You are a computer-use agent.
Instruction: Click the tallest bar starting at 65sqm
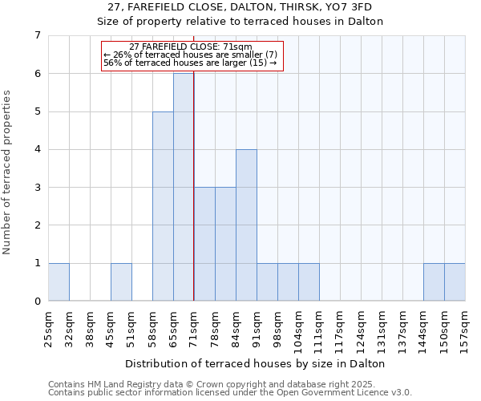pos(184,187)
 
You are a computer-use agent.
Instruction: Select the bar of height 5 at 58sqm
pos(163,206)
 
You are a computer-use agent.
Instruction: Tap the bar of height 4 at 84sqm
pos(246,225)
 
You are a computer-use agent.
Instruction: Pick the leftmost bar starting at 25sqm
pos(59,282)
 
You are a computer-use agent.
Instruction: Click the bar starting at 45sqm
pos(121,282)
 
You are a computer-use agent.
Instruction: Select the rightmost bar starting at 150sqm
pos(455,282)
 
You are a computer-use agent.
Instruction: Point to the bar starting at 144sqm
pos(434,282)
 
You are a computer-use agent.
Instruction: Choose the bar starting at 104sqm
pos(309,282)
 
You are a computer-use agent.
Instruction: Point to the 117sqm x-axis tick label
pos(340,325)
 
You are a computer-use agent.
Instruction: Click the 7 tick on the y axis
pos(37,35)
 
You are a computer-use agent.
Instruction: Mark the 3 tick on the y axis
pos(37,188)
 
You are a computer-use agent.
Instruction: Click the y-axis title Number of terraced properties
pos(8,172)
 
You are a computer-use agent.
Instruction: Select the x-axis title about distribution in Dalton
pos(257,363)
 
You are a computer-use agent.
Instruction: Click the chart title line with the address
pos(257,8)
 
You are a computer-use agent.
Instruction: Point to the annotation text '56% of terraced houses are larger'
pos(191,63)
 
